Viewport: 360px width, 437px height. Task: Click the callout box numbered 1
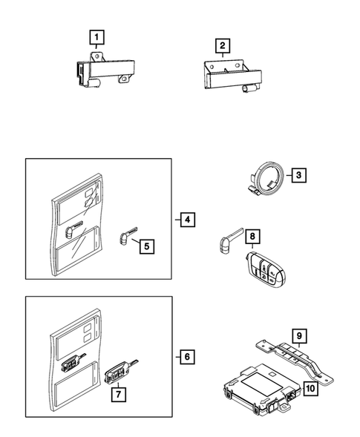96,37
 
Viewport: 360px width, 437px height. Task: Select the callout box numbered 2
223,46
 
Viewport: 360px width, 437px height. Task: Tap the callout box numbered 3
299,175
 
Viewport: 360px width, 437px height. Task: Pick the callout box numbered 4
187,220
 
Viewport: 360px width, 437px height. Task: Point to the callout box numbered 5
147,246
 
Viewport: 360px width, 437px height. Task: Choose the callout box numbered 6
187,357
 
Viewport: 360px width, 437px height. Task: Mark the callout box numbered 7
119,395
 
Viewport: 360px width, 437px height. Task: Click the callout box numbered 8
252,237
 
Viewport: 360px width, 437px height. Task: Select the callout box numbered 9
299,336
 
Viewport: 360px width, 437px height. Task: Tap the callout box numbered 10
310,388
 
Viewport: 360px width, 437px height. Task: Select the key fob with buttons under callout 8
266,270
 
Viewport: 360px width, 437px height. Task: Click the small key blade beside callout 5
127,236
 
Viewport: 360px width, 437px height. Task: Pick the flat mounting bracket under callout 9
295,358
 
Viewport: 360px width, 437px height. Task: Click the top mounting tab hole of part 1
97,56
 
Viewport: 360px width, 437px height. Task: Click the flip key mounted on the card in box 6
73,362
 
